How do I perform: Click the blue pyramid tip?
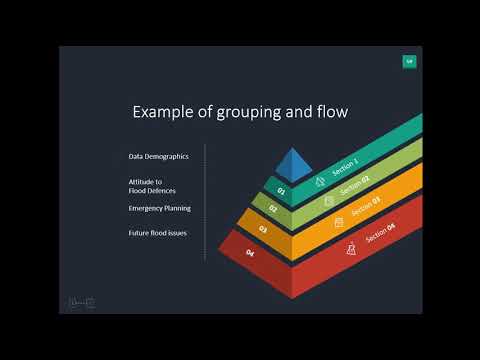click(x=293, y=163)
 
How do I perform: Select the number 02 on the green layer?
click(x=272, y=209)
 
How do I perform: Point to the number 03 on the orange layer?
click(x=263, y=230)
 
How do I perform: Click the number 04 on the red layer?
click(x=250, y=254)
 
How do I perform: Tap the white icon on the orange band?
click(x=339, y=221)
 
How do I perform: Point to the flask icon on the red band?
click(x=351, y=247)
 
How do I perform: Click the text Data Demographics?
click(x=159, y=157)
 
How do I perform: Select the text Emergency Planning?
click(x=159, y=208)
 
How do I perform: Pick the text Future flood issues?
click(x=158, y=232)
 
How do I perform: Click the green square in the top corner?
click(x=408, y=62)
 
